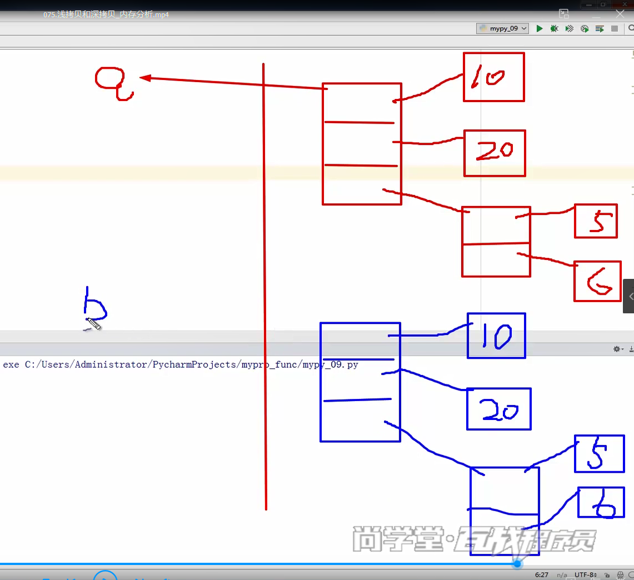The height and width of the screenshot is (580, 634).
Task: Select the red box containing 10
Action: pyautogui.click(x=493, y=77)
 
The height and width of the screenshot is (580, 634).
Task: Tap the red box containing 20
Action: pyautogui.click(x=494, y=153)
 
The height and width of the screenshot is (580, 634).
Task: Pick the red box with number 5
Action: pyautogui.click(x=596, y=221)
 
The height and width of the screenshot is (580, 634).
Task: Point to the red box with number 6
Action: pyautogui.click(x=597, y=281)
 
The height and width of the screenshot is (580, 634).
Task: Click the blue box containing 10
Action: pyautogui.click(x=496, y=336)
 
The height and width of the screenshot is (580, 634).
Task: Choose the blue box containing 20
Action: pyautogui.click(x=498, y=409)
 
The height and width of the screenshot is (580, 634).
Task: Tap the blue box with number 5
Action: pyautogui.click(x=599, y=453)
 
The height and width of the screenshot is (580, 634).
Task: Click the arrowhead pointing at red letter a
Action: pyautogui.click(x=145, y=78)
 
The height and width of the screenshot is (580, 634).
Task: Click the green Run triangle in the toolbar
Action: pyautogui.click(x=539, y=28)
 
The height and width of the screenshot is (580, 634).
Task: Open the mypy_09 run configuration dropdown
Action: pyautogui.click(x=502, y=28)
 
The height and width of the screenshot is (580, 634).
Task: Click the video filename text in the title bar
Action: pyautogui.click(x=106, y=15)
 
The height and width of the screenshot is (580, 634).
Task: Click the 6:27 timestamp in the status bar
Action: pyautogui.click(x=541, y=575)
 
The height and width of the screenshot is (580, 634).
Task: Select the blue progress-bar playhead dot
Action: pyautogui.click(x=517, y=564)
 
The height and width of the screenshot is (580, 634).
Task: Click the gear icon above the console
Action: pyautogui.click(x=617, y=349)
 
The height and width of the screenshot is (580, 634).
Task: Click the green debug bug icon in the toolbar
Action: pyautogui.click(x=554, y=28)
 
